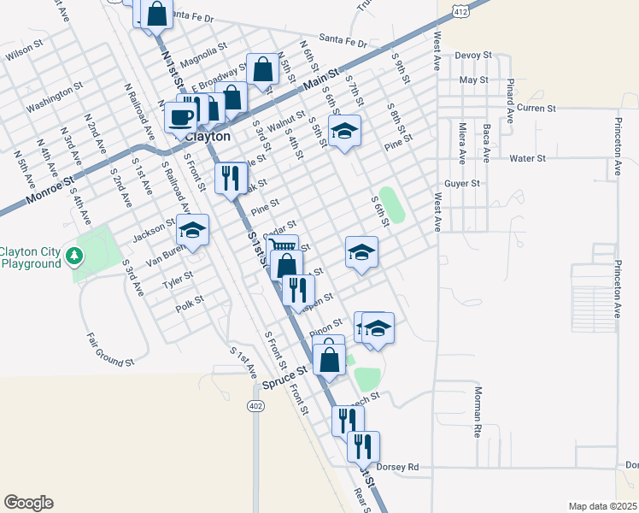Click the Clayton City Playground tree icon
point(74,255)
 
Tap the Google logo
point(28,503)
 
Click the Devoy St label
point(474,55)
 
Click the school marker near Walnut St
point(344,131)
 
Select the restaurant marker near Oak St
point(229,178)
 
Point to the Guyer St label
point(462,183)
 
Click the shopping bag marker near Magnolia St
point(262,69)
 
